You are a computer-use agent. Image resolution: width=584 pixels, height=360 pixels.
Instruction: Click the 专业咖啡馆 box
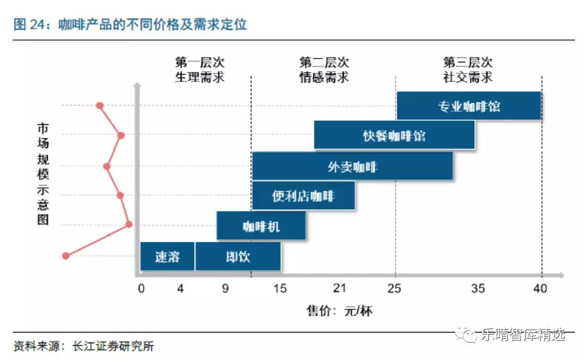click(x=469, y=106)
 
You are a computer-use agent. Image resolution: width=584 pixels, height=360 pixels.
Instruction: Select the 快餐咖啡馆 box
click(x=394, y=136)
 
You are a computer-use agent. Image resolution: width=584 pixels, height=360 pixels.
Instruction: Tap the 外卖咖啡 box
click(x=352, y=166)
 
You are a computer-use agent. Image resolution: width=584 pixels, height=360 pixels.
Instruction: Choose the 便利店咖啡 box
click(x=303, y=196)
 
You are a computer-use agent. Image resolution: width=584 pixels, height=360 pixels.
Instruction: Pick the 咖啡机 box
click(x=261, y=226)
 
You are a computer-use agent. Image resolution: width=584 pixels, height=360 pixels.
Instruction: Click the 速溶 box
click(x=167, y=256)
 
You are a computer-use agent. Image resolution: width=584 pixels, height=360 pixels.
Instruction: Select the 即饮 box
click(x=238, y=256)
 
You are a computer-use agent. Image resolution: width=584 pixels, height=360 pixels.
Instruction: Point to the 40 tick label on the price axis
click(x=540, y=289)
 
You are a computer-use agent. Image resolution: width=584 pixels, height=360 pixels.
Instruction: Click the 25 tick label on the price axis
click(x=394, y=289)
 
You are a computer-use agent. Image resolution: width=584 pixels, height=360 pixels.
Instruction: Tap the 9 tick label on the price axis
click(x=225, y=289)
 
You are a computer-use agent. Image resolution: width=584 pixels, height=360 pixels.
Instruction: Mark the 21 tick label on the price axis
click(x=339, y=289)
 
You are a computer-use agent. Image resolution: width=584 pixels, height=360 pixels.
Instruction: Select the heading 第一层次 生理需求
click(x=200, y=70)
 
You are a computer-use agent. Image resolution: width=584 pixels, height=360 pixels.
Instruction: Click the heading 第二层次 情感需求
click(x=324, y=70)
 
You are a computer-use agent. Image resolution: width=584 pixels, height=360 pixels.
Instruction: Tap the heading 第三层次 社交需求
click(x=468, y=70)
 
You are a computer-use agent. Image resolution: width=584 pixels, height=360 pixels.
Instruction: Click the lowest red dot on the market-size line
click(x=65, y=255)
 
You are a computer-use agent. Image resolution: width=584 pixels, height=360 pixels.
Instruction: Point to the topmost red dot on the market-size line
click(x=100, y=105)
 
